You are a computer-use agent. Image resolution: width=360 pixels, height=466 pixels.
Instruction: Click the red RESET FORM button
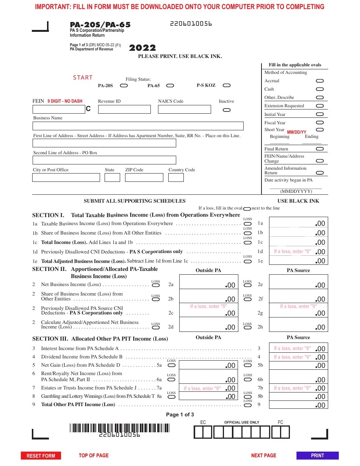(41, 456)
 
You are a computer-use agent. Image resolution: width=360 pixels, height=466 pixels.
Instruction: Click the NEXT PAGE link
(263, 455)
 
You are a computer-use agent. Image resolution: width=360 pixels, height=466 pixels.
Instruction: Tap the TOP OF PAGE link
(94, 455)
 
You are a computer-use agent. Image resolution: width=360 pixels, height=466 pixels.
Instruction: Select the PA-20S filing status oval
(124, 86)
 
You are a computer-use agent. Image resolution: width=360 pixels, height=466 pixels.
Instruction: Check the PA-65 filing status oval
(170, 86)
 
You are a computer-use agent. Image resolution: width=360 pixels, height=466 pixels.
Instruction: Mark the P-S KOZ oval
(226, 86)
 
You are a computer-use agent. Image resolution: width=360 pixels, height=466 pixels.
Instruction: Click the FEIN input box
(59, 109)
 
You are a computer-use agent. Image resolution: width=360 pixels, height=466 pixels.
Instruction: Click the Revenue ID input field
(124, 109)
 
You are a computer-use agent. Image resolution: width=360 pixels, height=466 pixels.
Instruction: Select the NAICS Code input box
(184, 109)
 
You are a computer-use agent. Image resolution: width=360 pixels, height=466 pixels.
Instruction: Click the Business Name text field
(138, 126)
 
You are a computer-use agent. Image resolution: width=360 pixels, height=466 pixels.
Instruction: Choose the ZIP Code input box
(144, 177)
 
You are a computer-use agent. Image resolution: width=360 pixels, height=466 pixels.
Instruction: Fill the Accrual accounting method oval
(319, 81)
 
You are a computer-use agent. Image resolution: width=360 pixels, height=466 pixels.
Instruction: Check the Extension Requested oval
(319, 106)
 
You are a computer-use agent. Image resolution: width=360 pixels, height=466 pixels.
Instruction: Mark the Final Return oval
(319, 149)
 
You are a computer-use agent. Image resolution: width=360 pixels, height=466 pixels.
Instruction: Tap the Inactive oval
(226, 110)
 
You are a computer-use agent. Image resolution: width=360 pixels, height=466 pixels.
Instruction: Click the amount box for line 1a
(298, 223)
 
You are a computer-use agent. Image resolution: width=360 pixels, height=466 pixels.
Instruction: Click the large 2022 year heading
(142, 48)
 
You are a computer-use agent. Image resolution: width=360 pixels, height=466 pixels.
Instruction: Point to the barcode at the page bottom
(119, 428)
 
